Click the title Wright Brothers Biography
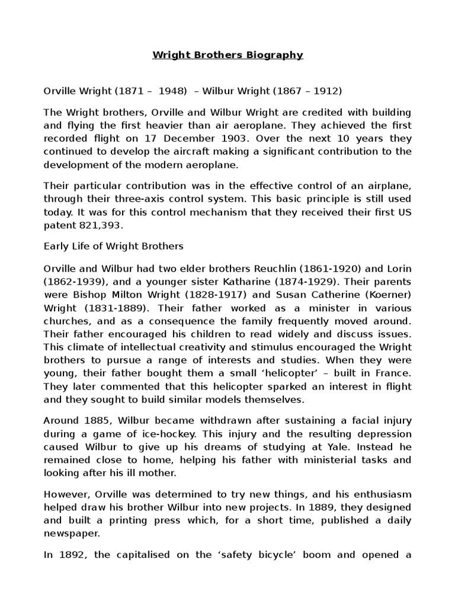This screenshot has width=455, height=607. pos(227,55)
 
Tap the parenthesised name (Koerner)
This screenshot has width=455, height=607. pos(383,295)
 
